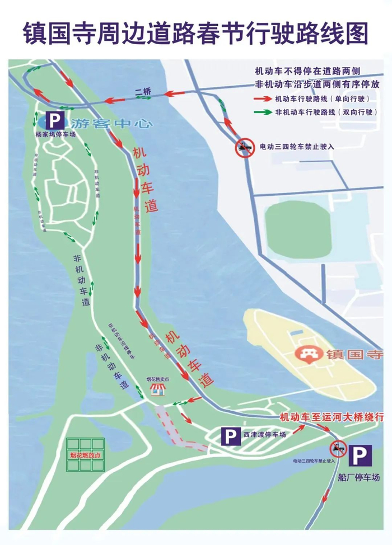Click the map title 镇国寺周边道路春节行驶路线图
pyautogui.click(x=195, y=33)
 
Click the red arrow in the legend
pyautogui.click(x=262, y=98)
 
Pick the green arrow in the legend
pyautogui.click(x=262, y=112)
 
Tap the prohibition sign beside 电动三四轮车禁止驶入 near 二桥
pyautogui.click(x=244, y=147)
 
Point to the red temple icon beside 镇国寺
pyautogui.click(x=307, y=355)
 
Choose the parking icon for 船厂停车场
pyautogui.click(x=360, y=455)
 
